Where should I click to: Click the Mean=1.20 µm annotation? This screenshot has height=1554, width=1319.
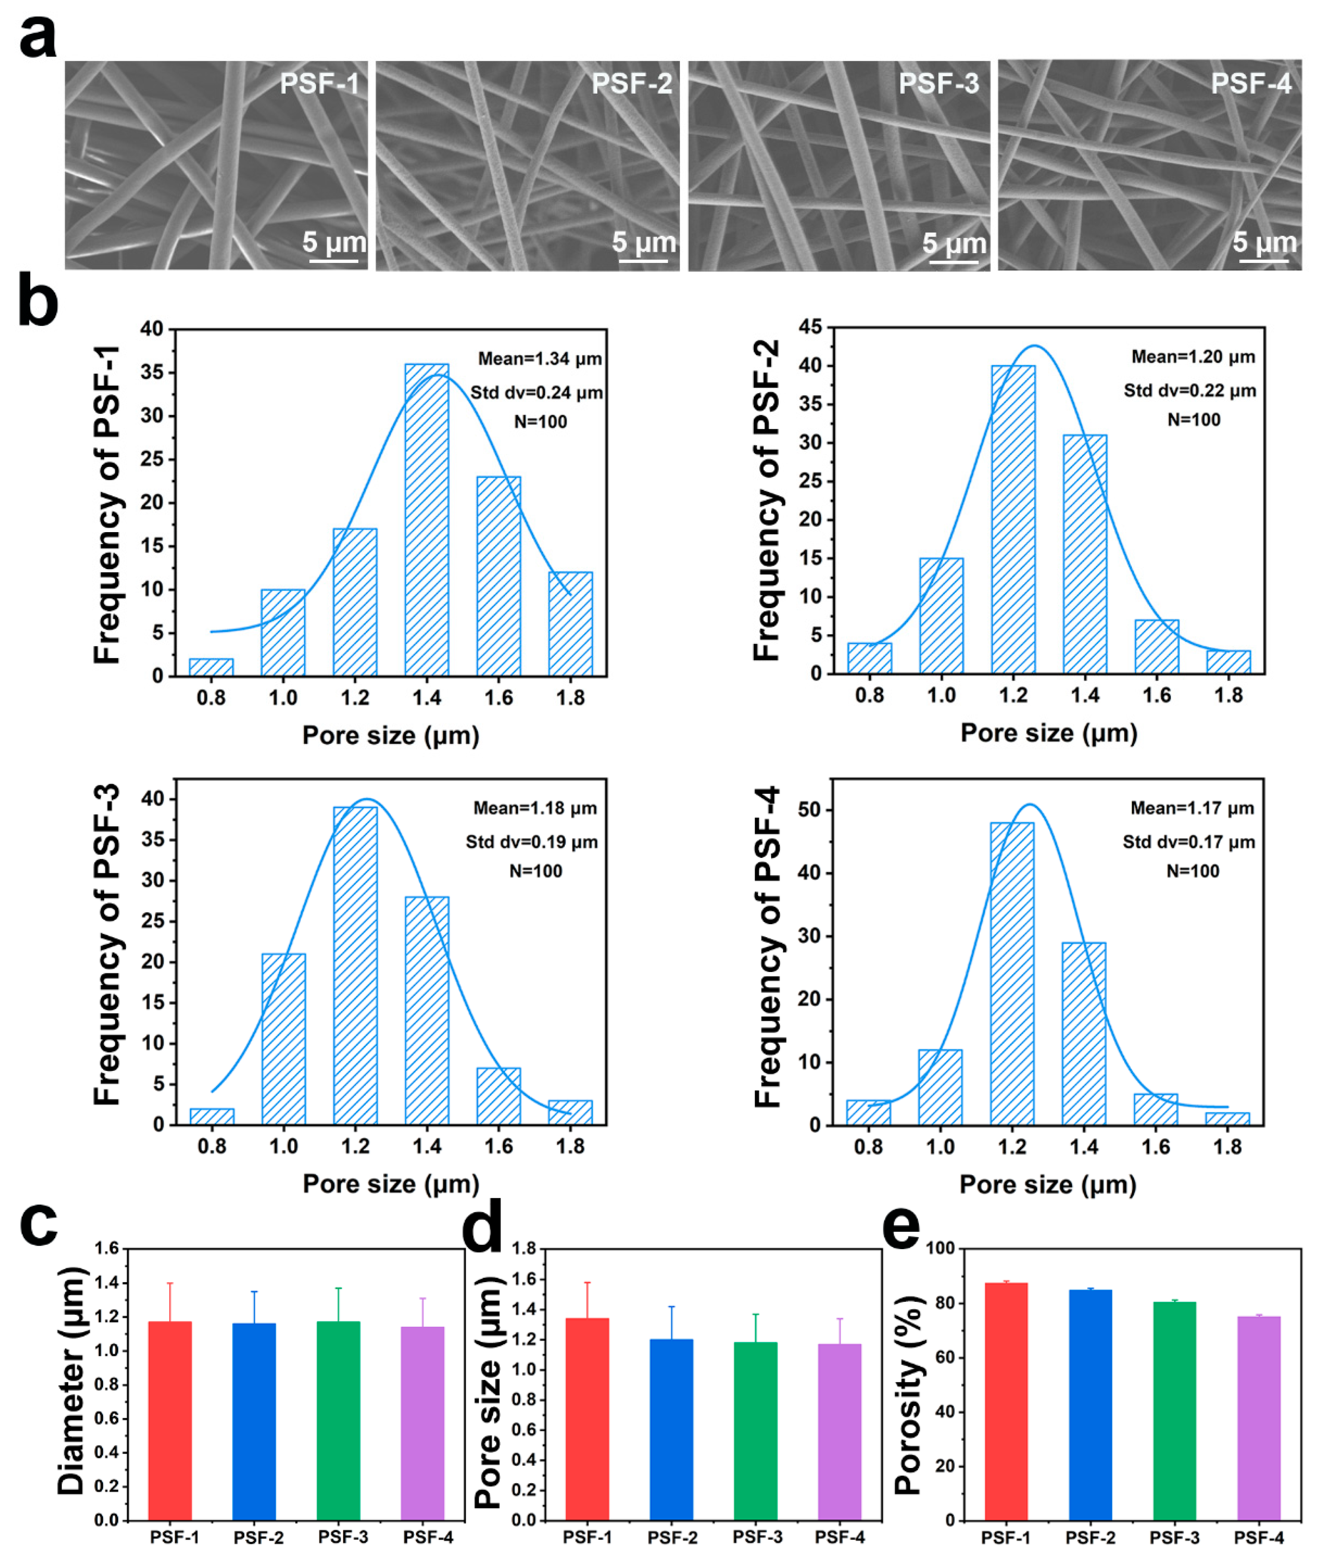1193,357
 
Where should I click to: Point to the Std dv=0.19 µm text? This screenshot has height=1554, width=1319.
532,842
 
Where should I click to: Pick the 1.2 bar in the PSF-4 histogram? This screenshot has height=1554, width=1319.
1012,973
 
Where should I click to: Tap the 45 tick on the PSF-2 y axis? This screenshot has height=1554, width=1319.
810,327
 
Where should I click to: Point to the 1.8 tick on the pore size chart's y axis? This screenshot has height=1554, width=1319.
525,1248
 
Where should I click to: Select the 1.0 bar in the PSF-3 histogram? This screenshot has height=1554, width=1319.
284,1039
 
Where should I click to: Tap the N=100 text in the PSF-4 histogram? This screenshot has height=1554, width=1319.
1193,871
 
